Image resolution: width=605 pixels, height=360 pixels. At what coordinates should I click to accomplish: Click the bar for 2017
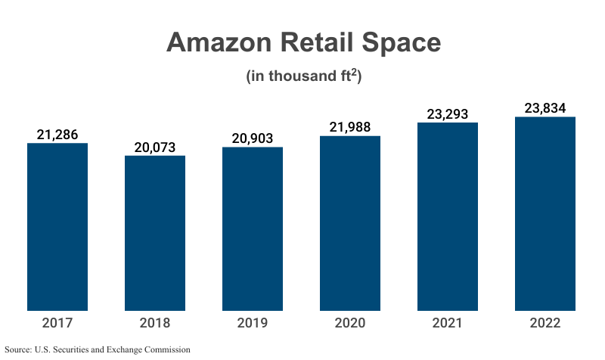[x=57, y=227]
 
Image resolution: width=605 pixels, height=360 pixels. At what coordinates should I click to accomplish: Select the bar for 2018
[x=155, y=233]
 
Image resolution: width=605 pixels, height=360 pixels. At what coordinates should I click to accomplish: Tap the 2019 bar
[x=253, y=228]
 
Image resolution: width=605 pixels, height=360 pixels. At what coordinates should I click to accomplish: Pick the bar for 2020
[x=350, y=223]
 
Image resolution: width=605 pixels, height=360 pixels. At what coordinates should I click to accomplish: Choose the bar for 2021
[x=448, y=216]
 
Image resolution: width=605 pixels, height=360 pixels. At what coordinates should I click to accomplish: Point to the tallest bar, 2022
[x=545, y=213]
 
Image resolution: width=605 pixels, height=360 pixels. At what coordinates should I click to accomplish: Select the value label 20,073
[x=155, y=147]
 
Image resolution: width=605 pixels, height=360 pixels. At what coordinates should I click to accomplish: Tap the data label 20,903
[x=253, y=138]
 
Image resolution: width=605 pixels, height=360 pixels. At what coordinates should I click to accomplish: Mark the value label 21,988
[x=350, y=128]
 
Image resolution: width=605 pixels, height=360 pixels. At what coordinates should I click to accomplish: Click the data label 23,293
[x=448, y=114]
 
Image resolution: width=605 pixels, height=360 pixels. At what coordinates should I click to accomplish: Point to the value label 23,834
[x=545, y=107]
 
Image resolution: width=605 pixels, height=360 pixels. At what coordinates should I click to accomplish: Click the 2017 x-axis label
[x=57, y=324]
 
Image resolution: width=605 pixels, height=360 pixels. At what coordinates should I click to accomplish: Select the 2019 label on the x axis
[x=253, y=324]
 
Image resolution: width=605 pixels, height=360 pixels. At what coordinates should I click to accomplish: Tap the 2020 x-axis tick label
[x=350, y=324]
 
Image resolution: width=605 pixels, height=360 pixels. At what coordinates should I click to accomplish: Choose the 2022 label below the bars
[x=545, y=324]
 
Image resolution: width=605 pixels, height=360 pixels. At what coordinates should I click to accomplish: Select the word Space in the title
[x=398, y=42]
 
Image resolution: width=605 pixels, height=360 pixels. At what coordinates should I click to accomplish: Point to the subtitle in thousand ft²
[x=303, y=76]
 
